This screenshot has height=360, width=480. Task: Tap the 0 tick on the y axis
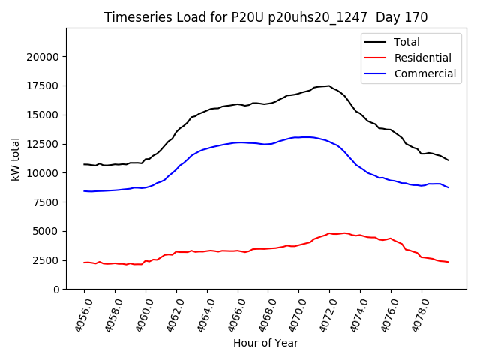[x=56, y=289]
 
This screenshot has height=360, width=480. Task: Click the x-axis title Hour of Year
[x=265, y=343]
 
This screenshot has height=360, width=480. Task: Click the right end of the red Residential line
[x=448, y=262]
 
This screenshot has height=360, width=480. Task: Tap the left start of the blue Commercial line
[x=84, y=191]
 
